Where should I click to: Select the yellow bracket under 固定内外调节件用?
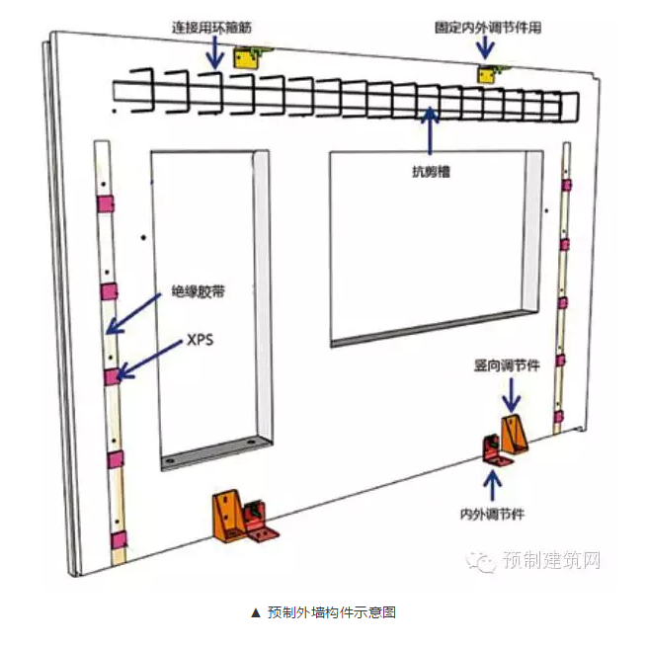(x=488, y=74)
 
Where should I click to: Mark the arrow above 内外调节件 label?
(x=492, y=486)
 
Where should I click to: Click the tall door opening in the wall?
(x=209, y=306)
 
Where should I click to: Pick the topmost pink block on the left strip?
(x=104, y=203)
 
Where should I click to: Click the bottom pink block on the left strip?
(x=119, y=539)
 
